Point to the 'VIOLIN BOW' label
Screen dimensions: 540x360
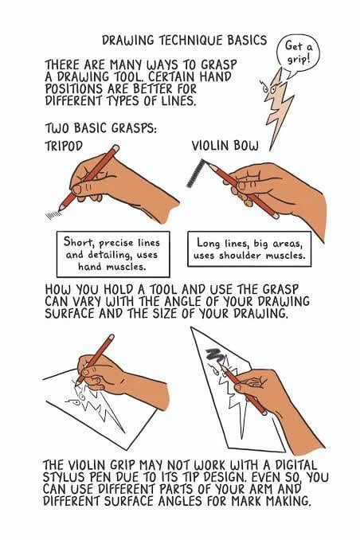coord(223,147)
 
